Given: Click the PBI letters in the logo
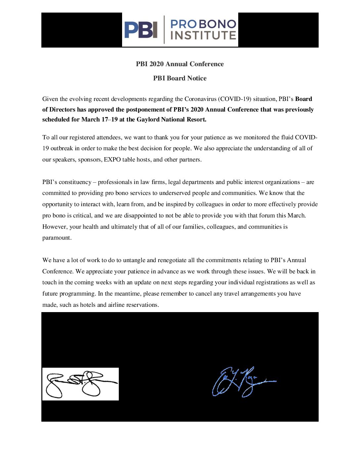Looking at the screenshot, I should (141, 30).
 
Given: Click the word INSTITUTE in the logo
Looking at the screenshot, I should (203, 35).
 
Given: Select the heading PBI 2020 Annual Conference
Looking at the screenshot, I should (180, 64).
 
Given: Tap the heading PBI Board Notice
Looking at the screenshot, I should (180, 78).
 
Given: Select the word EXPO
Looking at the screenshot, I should (112, 160).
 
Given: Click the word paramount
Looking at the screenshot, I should (57, 238).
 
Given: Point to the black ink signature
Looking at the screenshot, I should (80, 384).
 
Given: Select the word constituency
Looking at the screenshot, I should (75, 182).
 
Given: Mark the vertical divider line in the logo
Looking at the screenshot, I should (164, 29).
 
